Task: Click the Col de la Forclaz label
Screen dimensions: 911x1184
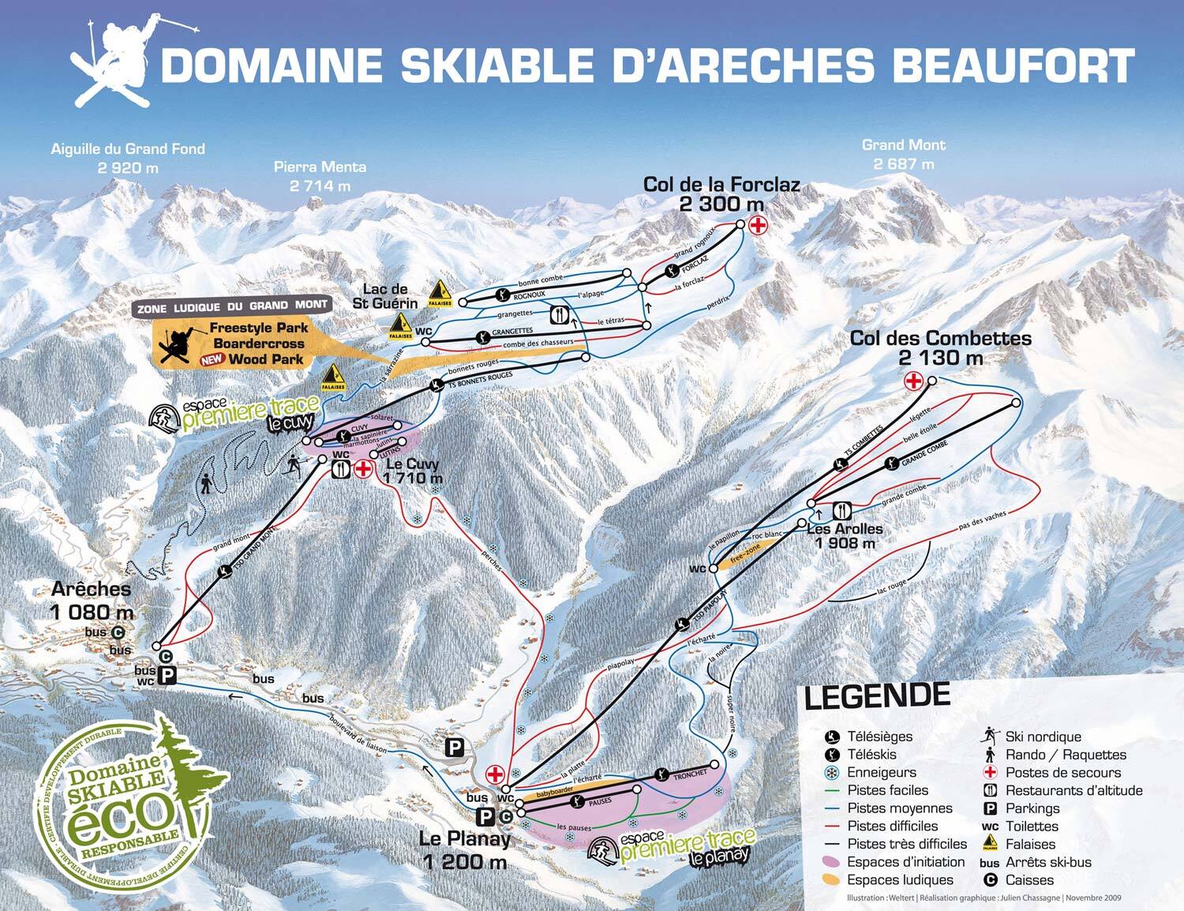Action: pos(721,185)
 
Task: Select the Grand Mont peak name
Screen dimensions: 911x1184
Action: pos(903,145)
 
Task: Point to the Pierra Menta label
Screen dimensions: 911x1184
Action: pos(320,167)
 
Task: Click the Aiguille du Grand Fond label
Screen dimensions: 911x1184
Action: pos(128,148)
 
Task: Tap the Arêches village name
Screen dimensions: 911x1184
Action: pos(91,590)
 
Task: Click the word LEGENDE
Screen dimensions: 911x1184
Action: pos(876,696)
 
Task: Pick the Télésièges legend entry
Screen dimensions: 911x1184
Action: pos(879,737)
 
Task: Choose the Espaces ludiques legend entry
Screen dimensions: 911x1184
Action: pos(900,879)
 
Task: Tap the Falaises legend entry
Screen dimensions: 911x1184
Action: pos(1029,844)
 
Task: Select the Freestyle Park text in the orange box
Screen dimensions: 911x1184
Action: pos(253,328)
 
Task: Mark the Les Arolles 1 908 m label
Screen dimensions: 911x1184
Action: pos(845,536)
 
